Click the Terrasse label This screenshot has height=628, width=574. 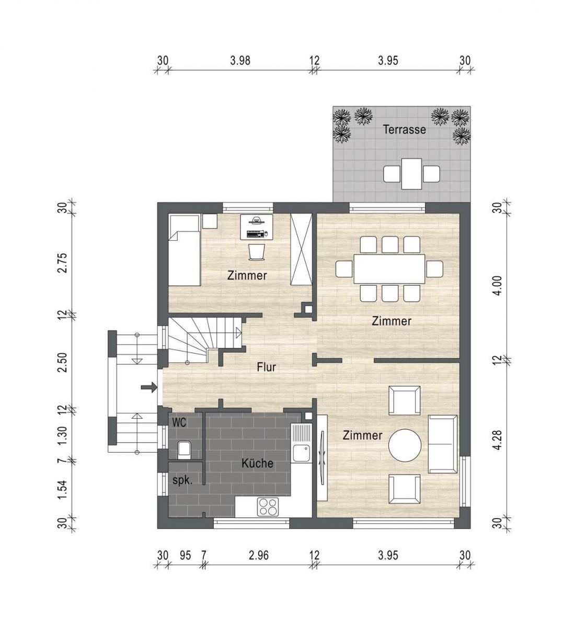pos(404,129)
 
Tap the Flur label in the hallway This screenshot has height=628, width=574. pos(266,367)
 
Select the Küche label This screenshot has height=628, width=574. pos(257,463)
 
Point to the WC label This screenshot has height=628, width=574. pos(179,422)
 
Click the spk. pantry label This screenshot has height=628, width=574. pos(182,480)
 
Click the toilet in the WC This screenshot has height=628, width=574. pos(184,450)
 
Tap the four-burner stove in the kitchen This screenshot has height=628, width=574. pos(268,507)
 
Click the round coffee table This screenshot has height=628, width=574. pos(405,445)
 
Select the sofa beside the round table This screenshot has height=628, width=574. pos(443,444)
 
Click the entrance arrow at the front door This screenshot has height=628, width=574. pos(149,387)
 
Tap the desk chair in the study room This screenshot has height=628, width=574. pos(256,252)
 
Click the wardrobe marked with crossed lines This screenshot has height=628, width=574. pos(301,249)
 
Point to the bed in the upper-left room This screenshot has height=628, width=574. pos(184,250)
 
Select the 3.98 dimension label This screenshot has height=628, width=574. pos(240,60)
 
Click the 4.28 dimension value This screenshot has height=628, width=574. pos(497,440)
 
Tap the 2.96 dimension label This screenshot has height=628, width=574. pos(258,556)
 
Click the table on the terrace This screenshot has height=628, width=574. pos(411,174)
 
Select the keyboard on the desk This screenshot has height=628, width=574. pos(256,233)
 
